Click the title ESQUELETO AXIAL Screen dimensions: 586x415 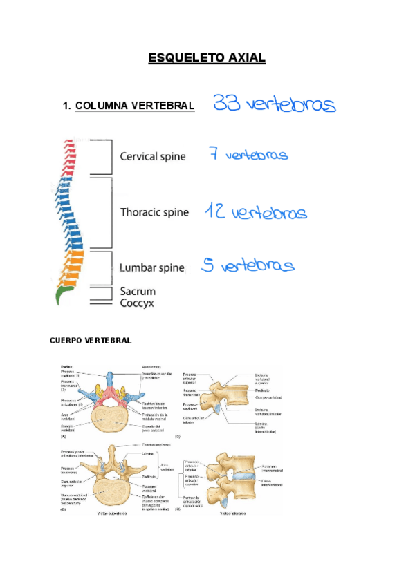point(207,58)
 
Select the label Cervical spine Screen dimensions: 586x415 point(153,157)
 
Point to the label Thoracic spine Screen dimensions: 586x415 point(154,212)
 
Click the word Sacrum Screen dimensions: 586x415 point(138,292)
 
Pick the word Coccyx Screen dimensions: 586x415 point(137,303)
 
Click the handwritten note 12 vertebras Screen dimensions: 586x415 point(255,211)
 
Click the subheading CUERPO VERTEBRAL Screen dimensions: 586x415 point(91,341)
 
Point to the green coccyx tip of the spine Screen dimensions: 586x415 point(63,296)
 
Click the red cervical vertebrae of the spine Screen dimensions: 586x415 point(67,155)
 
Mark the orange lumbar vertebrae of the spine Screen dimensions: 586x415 point(72,266)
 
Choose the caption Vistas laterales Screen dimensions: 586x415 point(234,513)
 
